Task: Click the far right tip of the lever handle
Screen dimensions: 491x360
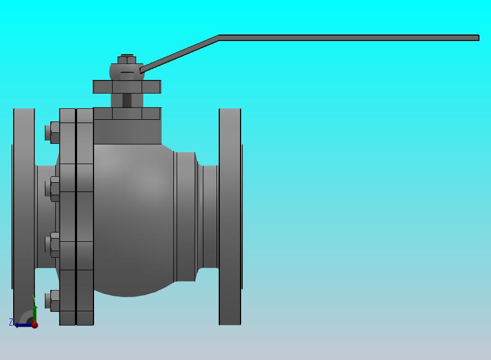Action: [479, 38]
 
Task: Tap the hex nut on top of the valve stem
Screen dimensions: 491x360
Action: [127, 59]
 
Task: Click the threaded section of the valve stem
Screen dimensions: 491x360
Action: [127, 100]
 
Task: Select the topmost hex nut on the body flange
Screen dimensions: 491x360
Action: [52, 132]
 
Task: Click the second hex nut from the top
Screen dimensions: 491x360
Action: [52, 189]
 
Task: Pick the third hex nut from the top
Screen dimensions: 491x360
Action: [52, 245]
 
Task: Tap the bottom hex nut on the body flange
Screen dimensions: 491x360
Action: [52, 301]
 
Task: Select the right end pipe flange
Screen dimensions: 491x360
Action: [230, 217]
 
